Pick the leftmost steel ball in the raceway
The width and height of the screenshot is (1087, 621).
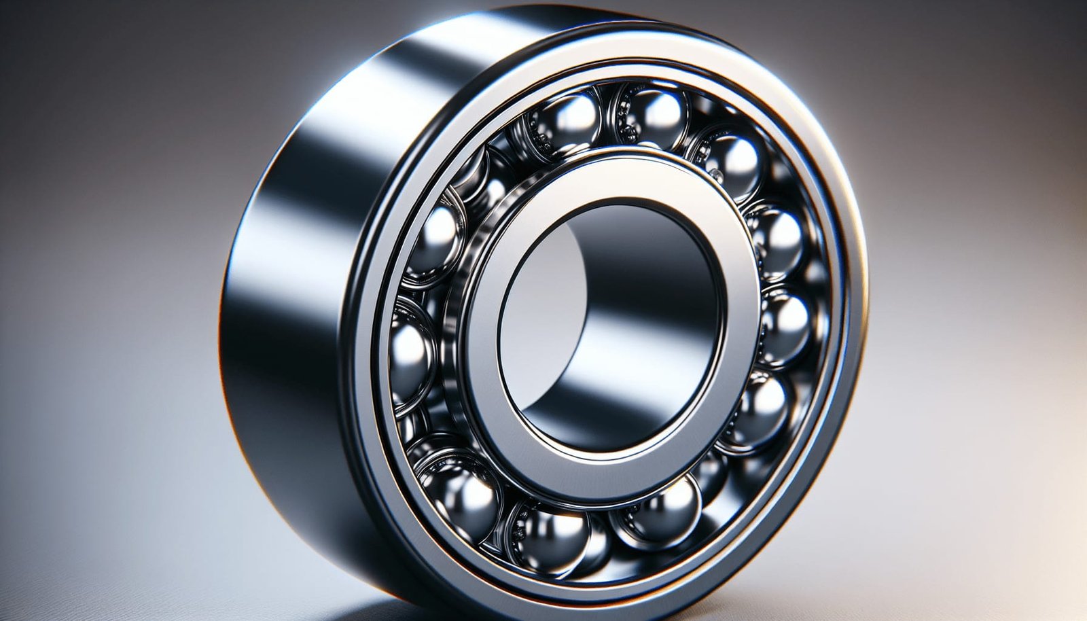coord(410,353)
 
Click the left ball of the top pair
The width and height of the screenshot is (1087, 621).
coord(569,122)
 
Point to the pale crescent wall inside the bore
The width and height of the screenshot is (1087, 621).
coord(543,285)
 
